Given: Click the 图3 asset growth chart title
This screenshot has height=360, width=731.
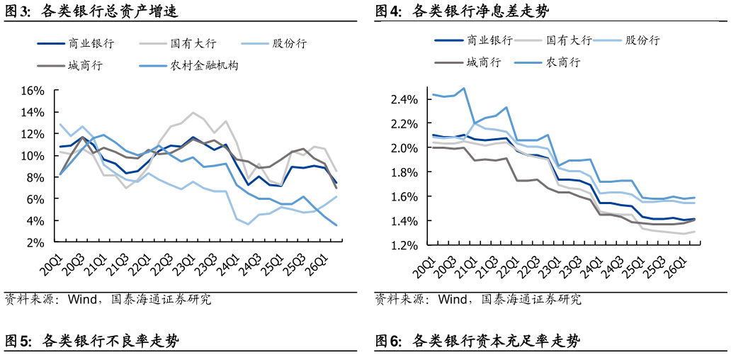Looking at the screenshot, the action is click(91, 11).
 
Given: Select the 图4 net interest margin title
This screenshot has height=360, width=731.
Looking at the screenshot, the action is click(463, 11).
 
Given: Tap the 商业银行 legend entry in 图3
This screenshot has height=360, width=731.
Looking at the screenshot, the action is click(76, 44).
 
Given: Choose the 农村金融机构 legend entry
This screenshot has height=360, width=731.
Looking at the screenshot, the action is click(189, 66).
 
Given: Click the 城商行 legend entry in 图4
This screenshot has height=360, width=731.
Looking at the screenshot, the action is click(468, 62).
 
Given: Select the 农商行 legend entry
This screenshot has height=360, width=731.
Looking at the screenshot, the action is click(547, 62).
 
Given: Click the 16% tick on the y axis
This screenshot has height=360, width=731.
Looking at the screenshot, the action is click(33, 91).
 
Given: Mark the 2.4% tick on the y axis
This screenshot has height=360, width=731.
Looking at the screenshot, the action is click(404, 99).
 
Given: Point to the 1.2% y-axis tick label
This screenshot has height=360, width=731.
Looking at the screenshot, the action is click(404, 244).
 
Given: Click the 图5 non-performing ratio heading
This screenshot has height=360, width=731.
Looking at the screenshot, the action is click(92, 341).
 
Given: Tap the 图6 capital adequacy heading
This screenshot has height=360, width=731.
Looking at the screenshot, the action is click(478, 341).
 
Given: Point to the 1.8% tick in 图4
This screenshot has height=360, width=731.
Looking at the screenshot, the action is click(404, 172).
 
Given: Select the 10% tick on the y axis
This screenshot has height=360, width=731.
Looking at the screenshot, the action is click(33, 155).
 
